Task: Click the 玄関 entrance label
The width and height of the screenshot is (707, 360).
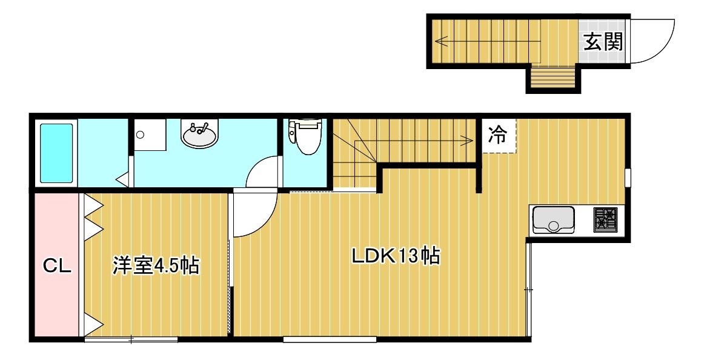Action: [603, 42]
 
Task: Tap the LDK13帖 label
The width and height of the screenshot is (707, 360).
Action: [396, 256]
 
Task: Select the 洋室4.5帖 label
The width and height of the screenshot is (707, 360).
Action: [156, 265]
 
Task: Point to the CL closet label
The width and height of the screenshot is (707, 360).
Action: [58, 266]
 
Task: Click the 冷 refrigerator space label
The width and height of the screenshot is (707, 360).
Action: [498, 135]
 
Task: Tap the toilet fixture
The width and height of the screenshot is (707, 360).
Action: [305, 136]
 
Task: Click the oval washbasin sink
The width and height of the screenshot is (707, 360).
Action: [199, 133]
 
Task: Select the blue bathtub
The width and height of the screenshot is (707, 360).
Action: [56, 153]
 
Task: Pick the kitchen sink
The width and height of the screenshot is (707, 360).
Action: [553, 220]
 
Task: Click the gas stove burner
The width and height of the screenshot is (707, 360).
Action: [606, 219]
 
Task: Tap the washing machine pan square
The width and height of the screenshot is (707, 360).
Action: [150, 135]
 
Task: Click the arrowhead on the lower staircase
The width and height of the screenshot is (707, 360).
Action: [470, 141]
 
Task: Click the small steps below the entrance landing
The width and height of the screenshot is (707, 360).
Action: [553, 77]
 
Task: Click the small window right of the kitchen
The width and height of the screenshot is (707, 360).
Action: [628, 177]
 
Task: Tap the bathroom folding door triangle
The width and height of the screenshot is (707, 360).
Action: [123, 179]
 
